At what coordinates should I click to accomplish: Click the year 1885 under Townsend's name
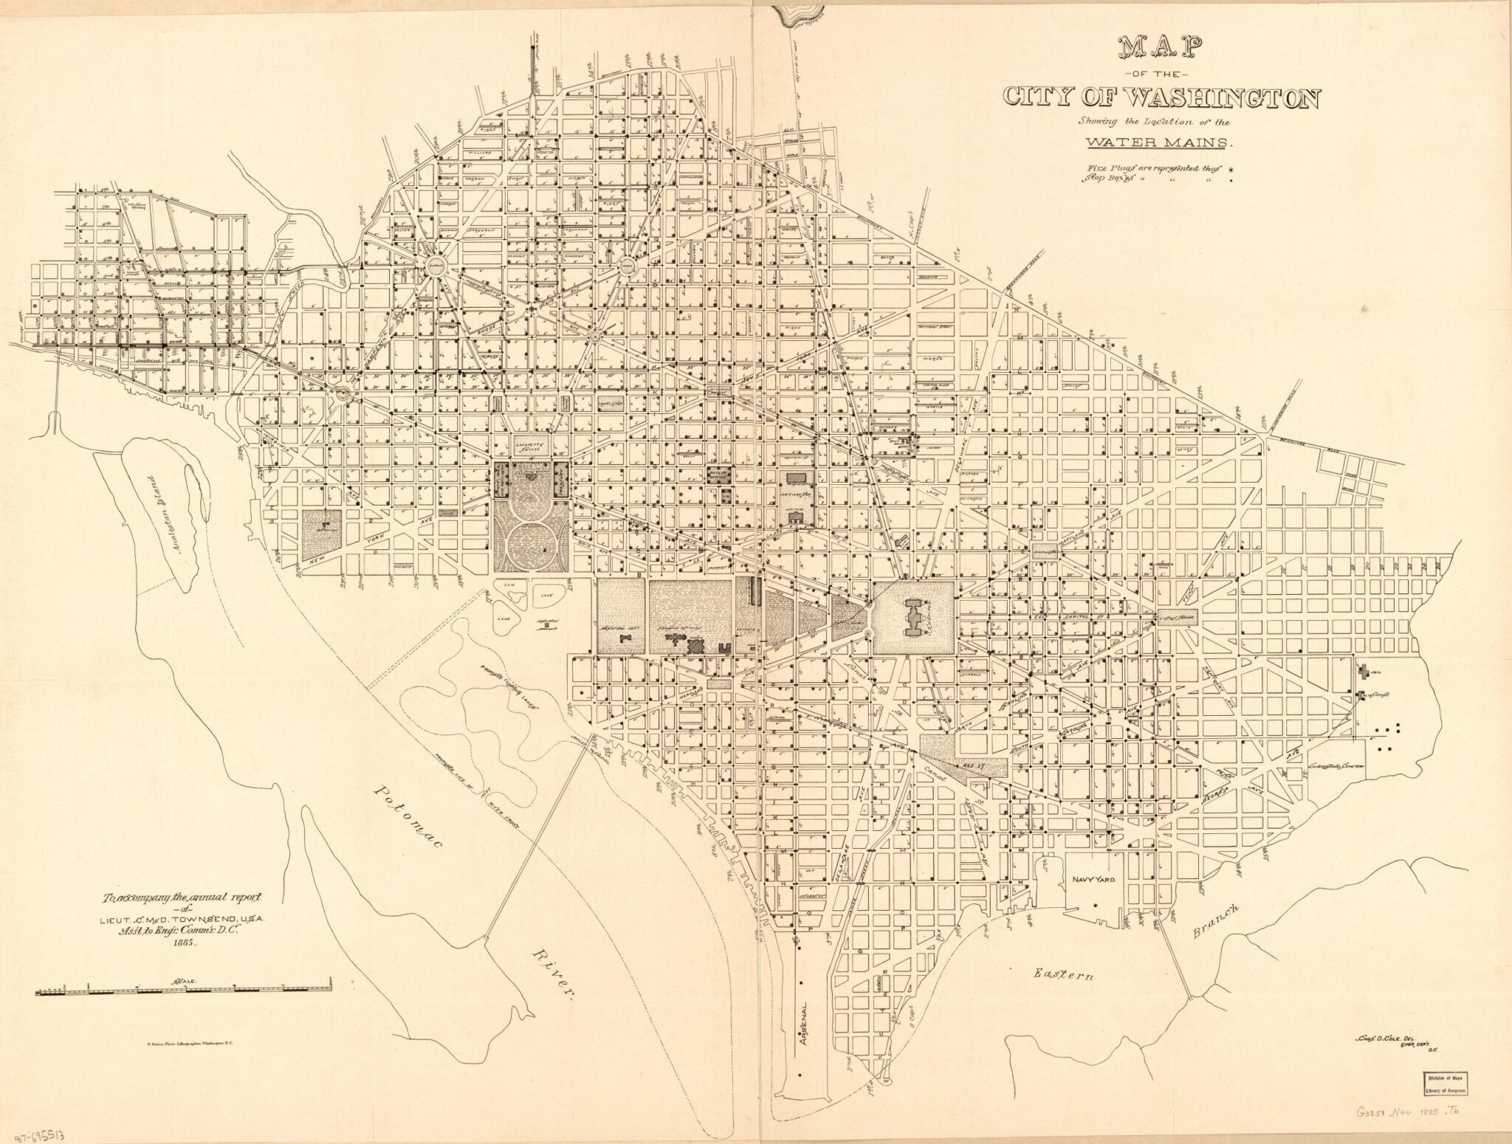177,943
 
